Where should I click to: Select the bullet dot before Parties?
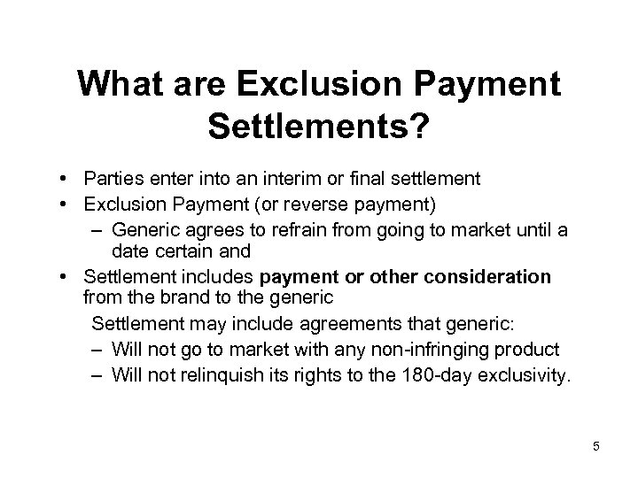pos(67,179)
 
